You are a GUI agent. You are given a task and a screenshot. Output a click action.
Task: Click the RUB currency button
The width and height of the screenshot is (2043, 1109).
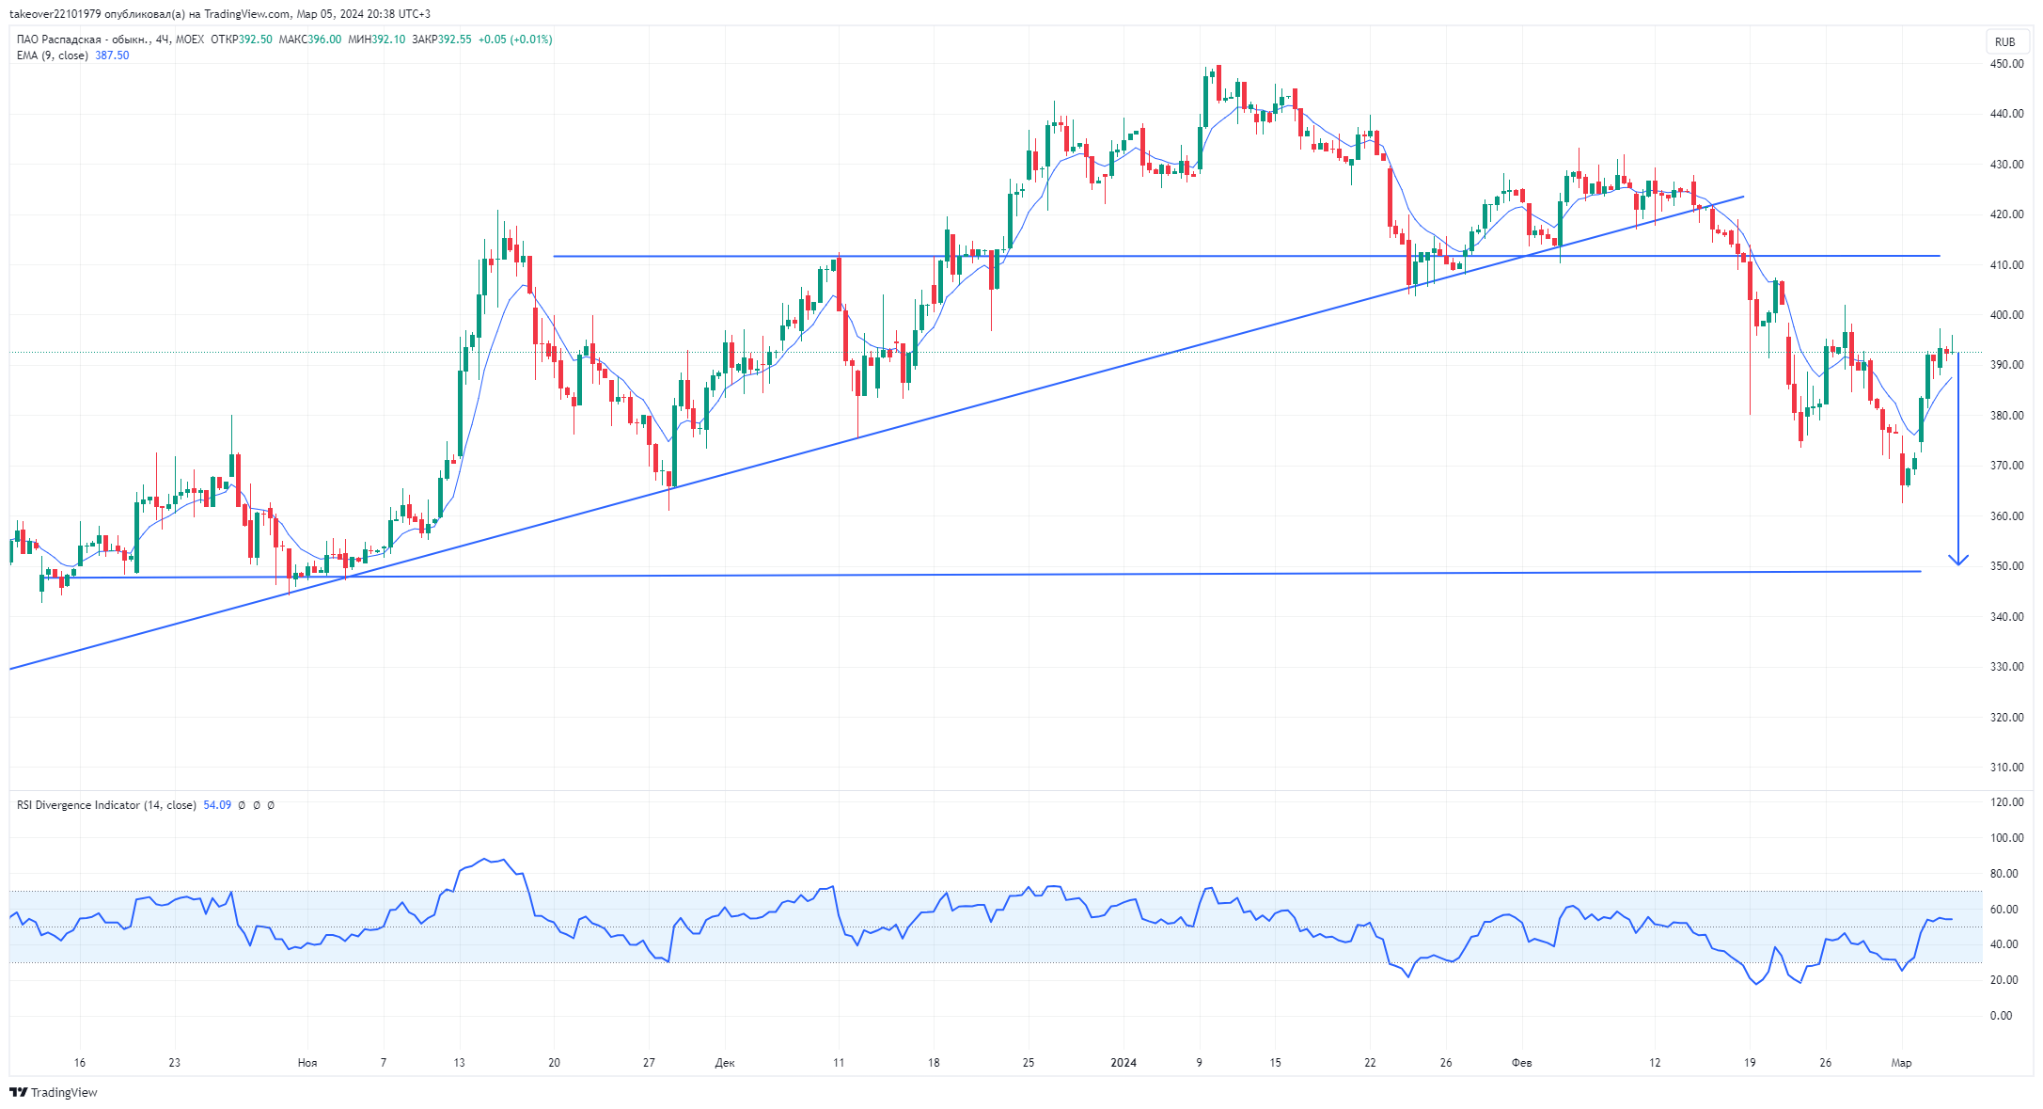(2004, 41)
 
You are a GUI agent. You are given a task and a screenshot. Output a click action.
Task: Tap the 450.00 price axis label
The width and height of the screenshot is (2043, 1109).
(2006, 64)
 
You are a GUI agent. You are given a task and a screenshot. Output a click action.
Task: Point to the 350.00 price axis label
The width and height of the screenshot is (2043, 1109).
(2006, 566)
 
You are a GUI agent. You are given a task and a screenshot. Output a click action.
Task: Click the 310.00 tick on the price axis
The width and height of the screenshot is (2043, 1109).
(2006, 768)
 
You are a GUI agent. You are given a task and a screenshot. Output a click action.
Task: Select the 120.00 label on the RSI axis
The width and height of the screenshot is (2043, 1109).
(2006, 802)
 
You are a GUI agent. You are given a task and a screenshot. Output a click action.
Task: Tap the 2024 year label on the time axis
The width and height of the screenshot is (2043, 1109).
(1124, 1063)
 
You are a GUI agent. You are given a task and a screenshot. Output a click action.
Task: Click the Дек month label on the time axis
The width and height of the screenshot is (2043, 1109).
(725, 1063)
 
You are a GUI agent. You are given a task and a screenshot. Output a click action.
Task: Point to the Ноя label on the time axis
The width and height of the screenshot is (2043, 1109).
(307, 1063)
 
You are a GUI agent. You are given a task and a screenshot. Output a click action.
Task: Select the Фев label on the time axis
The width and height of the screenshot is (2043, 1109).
(1521, 1063)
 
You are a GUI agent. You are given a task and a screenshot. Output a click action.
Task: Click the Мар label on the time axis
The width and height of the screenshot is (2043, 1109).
(1901, 1063)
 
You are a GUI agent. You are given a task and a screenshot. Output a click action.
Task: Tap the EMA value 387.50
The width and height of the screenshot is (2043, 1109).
(112, 55)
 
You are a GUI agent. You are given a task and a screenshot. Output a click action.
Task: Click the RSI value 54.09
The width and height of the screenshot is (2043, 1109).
(217, 805)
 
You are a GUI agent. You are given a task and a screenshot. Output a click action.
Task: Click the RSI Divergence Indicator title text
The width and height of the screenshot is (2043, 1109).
(79, 805)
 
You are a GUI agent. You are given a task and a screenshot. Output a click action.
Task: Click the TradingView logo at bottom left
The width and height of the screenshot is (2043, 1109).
(54, 1092)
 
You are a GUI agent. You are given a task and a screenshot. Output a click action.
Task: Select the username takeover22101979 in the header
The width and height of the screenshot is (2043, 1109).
(55, 14)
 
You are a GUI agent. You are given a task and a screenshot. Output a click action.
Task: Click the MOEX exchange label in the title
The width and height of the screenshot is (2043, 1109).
(190, 40)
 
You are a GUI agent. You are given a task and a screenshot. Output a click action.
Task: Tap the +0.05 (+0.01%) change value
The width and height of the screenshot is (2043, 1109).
(515, 40)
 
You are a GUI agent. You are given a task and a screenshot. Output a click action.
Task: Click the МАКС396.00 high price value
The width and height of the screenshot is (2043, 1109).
(310, 40)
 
